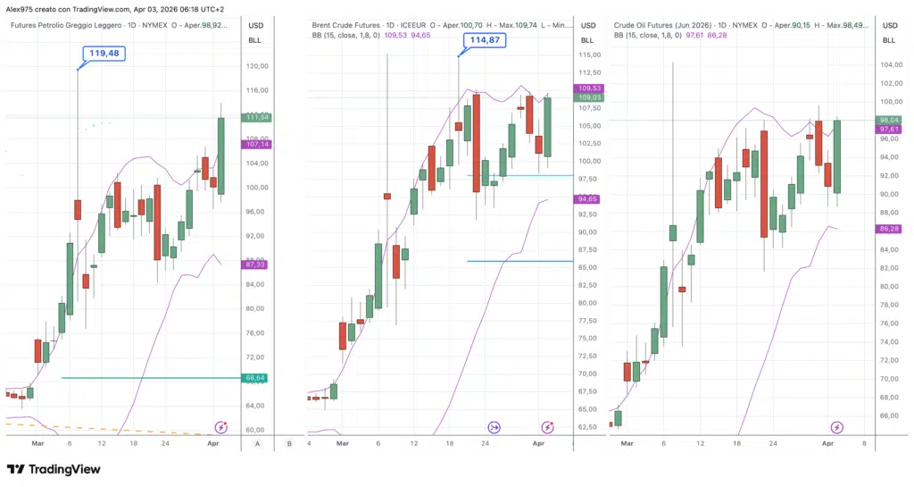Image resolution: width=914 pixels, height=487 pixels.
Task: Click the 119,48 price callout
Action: coord(103,54)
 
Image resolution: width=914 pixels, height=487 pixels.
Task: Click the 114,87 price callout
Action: coord(481,40)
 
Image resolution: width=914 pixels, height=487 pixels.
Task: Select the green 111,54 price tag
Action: coord(257,117)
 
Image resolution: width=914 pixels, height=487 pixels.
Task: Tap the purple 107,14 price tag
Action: coord(257,144)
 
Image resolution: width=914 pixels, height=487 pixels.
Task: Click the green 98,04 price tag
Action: coord(890,120)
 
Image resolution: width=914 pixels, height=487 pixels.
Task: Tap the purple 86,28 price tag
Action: coord(890,230)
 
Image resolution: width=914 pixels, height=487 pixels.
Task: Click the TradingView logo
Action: coord(54,469)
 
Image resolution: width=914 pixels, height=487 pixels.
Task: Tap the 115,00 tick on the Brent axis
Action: coord(587,55)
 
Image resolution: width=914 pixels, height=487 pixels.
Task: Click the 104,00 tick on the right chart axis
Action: coord(889,65)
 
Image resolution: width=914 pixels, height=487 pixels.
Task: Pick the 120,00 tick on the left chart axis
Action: coord(257,66)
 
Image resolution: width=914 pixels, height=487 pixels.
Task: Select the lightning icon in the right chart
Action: coord(837,428)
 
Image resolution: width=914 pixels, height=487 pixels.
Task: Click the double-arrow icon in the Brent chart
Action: coord(494,428)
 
